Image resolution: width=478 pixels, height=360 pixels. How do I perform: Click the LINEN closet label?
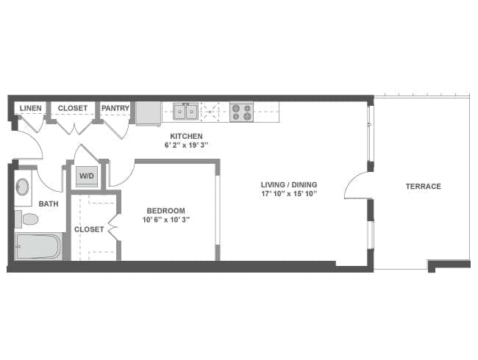point(31,108)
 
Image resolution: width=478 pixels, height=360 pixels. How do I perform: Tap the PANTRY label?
point(115,108)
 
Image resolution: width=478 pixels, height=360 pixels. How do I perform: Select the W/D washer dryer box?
point(87,176)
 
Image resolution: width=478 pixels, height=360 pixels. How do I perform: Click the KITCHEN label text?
point(186,136)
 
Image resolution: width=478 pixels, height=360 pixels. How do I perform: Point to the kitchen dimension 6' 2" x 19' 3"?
point(186,145)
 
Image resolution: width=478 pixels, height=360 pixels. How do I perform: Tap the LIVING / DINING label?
point(289,184)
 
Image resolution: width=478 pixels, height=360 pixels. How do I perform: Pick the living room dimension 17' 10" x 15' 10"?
point(289,194)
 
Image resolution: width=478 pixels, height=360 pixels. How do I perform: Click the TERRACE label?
point(423,187)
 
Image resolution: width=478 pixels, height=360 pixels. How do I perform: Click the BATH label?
point(49,204)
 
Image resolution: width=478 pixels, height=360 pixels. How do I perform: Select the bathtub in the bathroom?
point(38,246)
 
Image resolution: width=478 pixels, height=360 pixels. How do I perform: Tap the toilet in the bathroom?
point(28,219)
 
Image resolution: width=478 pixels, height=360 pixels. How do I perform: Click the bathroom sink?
point(23,187)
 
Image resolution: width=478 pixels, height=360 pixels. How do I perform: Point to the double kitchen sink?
point(185,112)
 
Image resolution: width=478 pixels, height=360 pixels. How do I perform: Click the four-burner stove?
point(241,112)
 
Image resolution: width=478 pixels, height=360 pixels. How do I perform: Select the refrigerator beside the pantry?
point(149,112)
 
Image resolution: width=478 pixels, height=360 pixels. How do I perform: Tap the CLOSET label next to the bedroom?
point(89,229)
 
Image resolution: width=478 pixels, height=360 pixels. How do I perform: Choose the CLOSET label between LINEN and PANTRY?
point(73,108)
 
